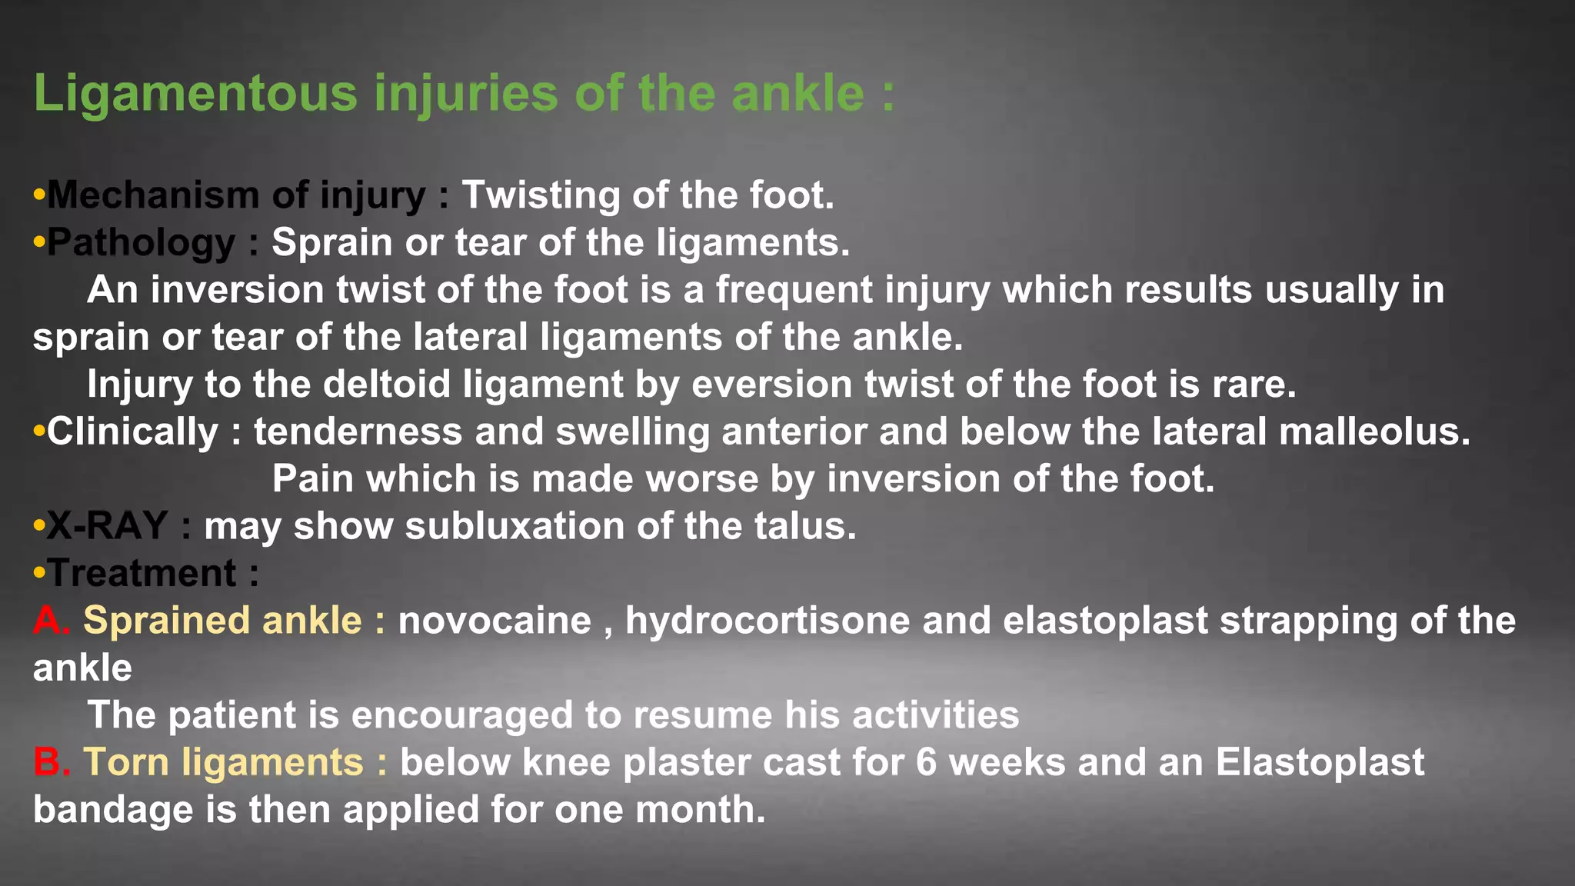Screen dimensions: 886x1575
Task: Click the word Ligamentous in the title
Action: click(195, 94)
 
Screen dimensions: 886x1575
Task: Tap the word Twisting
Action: click(540, 195)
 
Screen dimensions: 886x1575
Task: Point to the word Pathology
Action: click(142, 243)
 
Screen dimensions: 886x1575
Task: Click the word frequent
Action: click(794, 291)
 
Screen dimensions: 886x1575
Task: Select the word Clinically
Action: click(132, 431)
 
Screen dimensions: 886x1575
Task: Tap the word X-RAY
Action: click(107, 526)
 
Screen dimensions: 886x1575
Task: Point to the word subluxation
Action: click(514, 526)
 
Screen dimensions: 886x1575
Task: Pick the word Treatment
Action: click(143, 574)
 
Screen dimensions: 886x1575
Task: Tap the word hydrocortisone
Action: click(767, 621)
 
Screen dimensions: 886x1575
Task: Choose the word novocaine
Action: click(494, 621)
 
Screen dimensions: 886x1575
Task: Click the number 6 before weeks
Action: click(927, 763)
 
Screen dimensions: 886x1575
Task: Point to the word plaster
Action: click(684, 763)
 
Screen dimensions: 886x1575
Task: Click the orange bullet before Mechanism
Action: click(39, 195)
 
